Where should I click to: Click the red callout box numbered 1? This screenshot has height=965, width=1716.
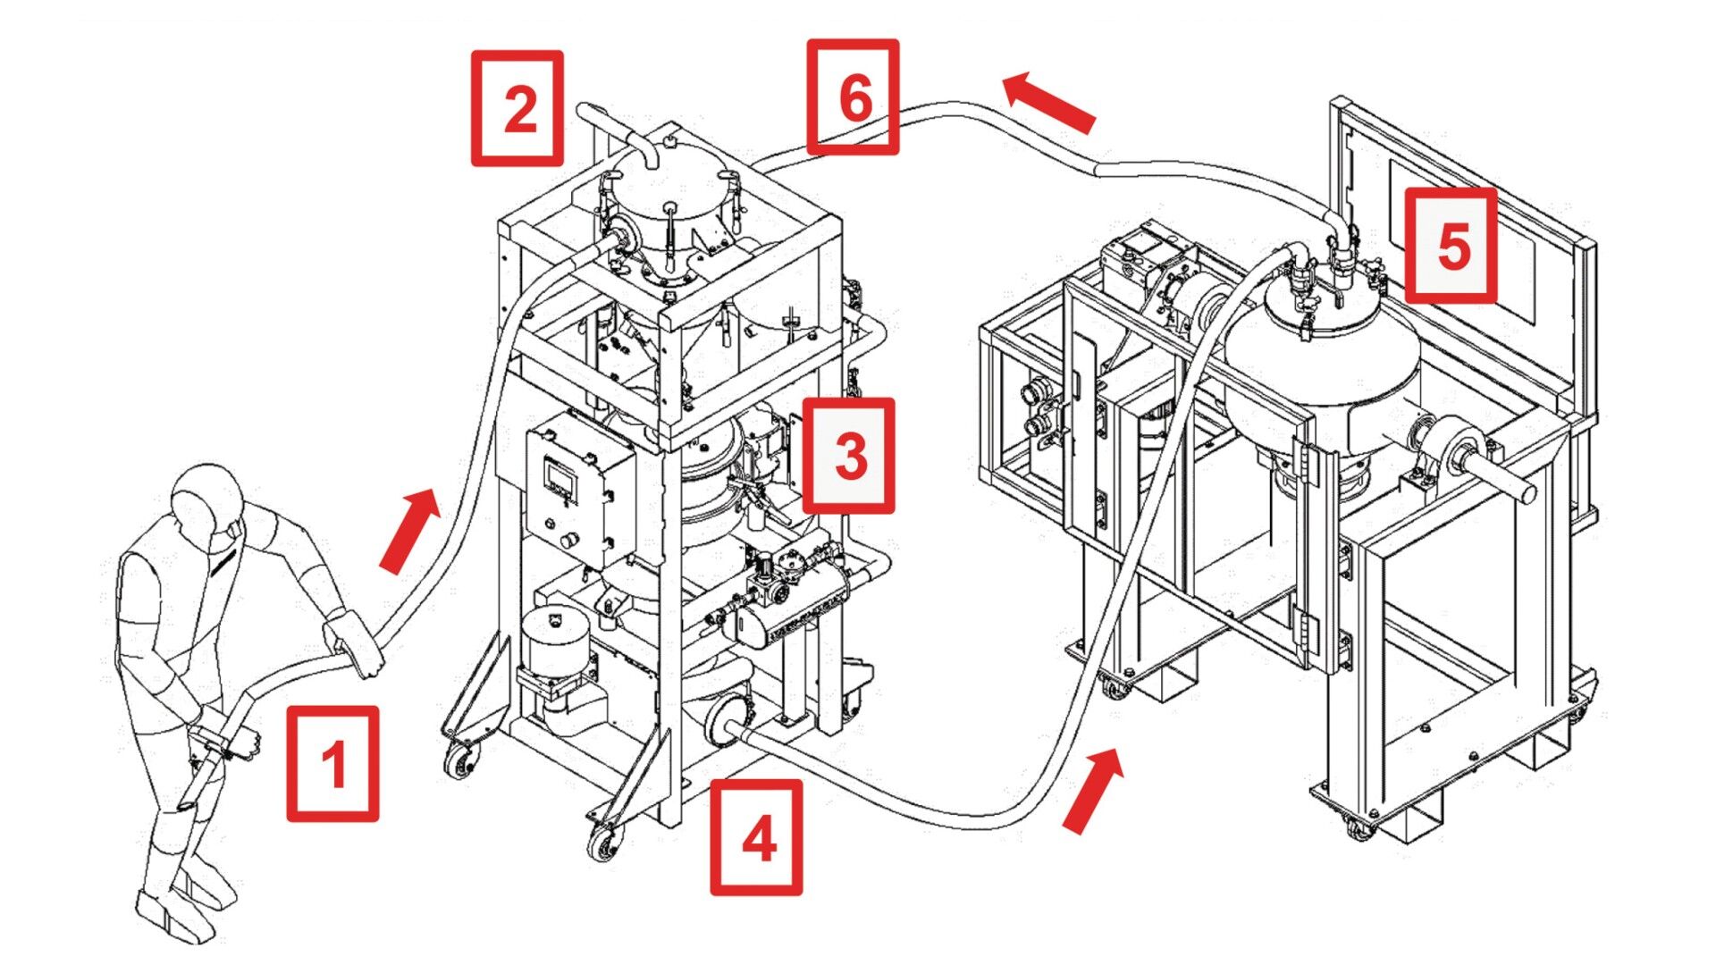click(332, 764)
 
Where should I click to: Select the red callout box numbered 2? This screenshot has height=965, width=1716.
click(517, 108)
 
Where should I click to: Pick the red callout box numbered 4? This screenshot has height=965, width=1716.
click(756, 837)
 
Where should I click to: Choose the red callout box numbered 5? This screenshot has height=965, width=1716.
click(1451, 245)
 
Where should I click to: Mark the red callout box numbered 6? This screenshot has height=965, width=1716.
click(853, 96)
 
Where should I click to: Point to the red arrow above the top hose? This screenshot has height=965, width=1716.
click(1047, 103)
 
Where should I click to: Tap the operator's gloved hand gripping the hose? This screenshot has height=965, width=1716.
click(355, 642)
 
